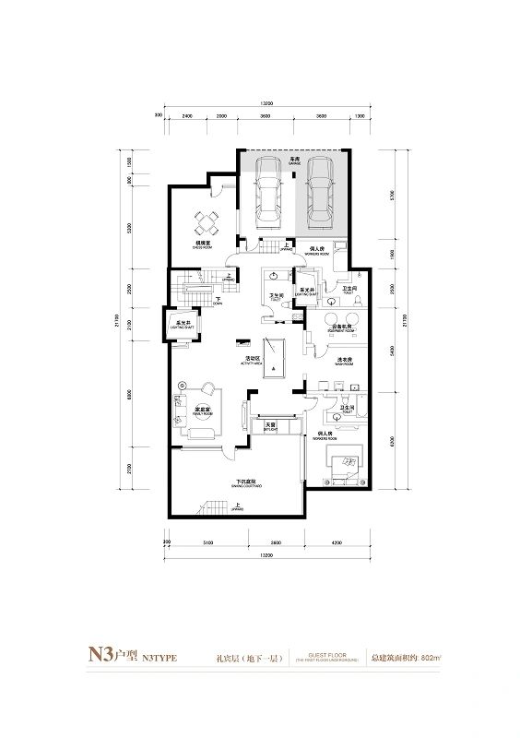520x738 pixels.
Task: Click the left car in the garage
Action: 268,191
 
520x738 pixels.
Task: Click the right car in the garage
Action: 319,191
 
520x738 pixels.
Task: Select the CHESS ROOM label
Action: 203,246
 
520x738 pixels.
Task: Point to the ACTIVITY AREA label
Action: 251,362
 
